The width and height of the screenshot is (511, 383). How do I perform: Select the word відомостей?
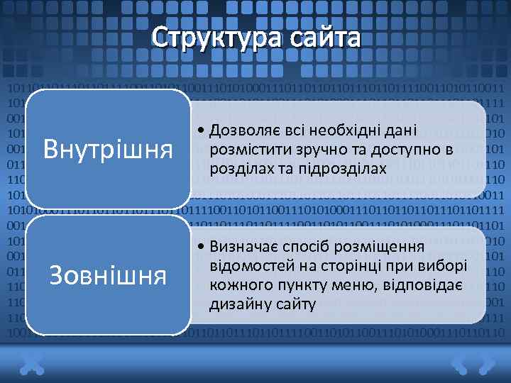coord(247,267)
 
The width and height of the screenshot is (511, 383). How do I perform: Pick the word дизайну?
coord(236,304)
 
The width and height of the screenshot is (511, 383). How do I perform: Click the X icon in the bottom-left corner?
coord(32,364)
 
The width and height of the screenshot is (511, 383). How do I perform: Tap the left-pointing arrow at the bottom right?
coord(459,364)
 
